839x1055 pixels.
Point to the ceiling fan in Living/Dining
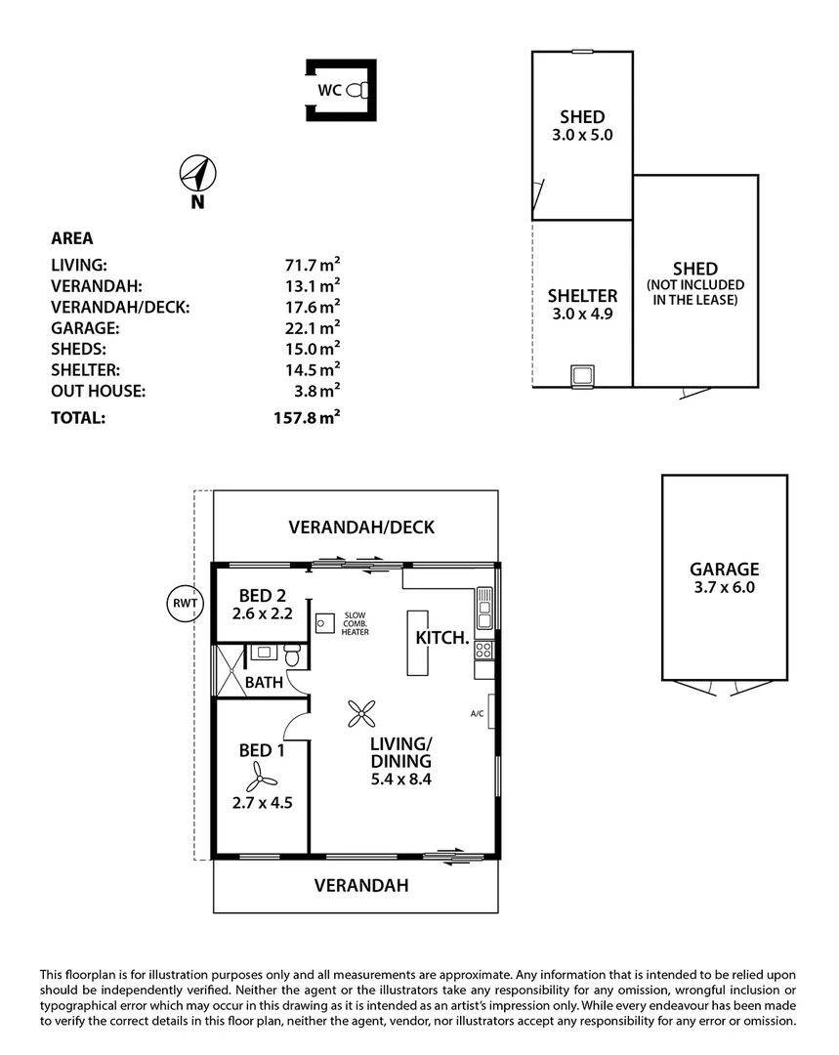click(x=361, y=714)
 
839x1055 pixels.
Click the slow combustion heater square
click(x=324, y=622)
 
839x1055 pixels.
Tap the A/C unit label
click(x=478, y=713)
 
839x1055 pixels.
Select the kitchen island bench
click(x=418, y=642)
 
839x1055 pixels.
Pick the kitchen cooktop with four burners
click(x=483, y=649)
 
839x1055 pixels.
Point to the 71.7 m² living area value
click(x=312, y=265)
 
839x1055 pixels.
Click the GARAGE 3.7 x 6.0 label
click(x=724, y=578)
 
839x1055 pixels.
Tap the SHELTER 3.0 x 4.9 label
click(x=582, y=304)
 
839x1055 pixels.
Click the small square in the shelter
click(x=582, y=375)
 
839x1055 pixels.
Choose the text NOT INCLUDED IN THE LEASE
click(x=694, y=292)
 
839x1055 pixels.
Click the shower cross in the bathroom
click(x=228, y=669)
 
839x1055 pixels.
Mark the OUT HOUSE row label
click(x=98, y=391)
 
